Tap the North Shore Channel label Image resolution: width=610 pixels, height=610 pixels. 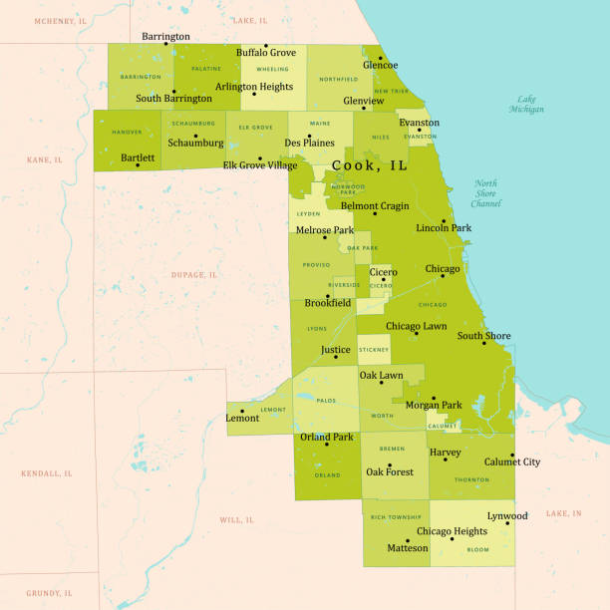(x=486, y=193)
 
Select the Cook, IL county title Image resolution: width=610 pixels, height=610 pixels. (x=369, y=165)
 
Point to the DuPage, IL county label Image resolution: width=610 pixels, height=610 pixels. (x=194, y=274)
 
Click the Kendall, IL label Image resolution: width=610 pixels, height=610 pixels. (x=47, y=473)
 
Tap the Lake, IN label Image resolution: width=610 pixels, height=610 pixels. (x=563, y=513)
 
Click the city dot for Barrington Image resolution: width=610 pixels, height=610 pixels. (x=167, y=45)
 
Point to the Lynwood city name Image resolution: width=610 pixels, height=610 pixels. (x=507, y=516)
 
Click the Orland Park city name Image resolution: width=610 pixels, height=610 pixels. (x=327, y=437)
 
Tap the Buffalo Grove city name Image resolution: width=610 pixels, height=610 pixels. (x=265, y=52)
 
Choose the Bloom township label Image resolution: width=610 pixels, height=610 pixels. (x=478, y=549)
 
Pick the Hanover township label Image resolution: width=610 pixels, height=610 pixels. (x=128, y=131)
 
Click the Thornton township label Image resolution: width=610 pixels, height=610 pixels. (x=471, y=479)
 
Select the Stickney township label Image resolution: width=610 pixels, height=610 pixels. (x=374, y=350)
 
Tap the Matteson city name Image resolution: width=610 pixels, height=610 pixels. (x=408, y=547)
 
